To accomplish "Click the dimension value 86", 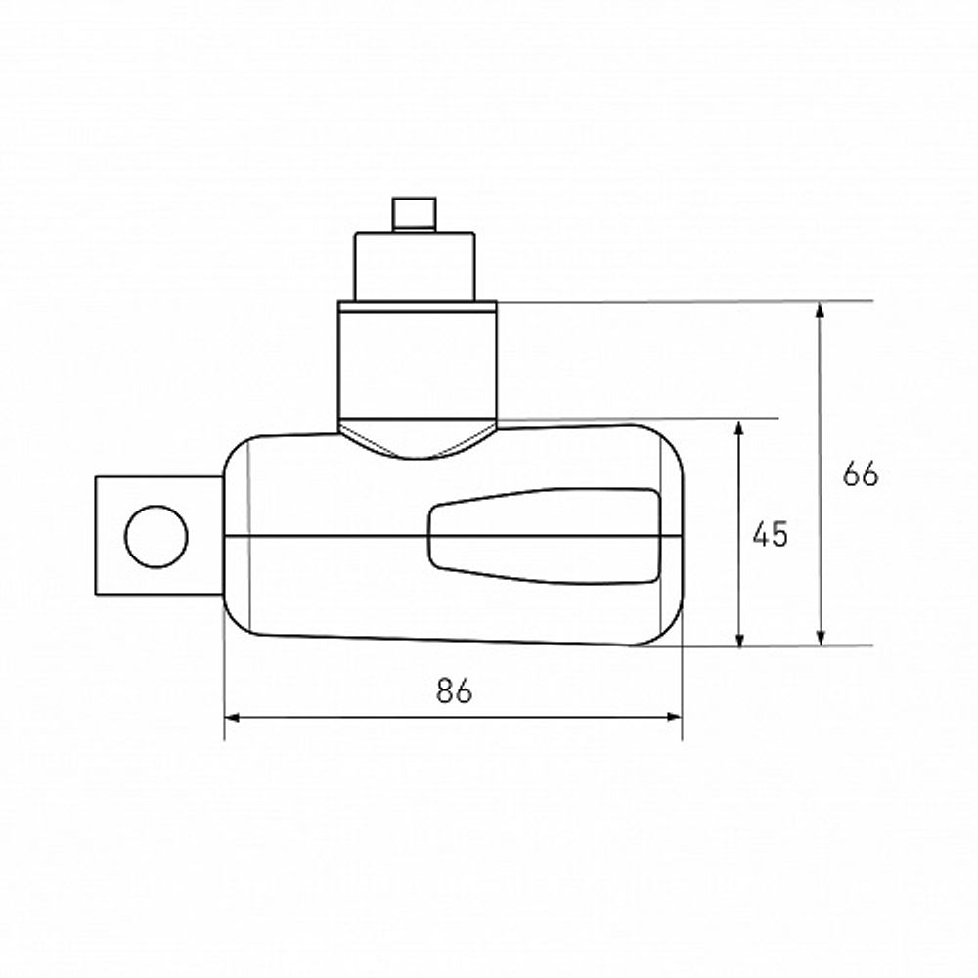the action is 454,689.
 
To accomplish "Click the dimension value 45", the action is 771,534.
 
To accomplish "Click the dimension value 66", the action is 860,473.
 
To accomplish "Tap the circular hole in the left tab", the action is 156,536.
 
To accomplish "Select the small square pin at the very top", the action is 414,214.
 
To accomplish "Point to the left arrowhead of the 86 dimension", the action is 232,717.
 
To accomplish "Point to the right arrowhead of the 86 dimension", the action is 674,717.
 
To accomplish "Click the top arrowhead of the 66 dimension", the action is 821,311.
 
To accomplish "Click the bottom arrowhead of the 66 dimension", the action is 821,637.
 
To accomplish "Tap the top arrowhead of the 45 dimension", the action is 739,428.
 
